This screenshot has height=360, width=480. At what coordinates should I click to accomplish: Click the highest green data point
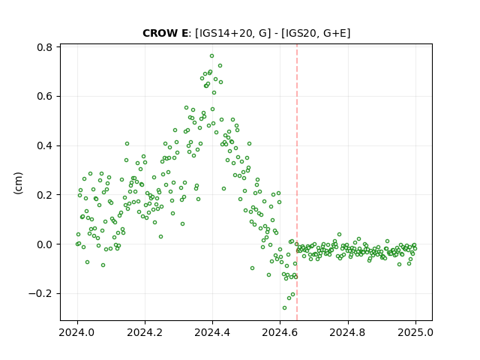tap(211, 56)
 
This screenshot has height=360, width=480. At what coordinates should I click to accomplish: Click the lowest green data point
tap(285, 308)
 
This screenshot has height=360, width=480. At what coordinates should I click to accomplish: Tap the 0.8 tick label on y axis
tap(44, 47)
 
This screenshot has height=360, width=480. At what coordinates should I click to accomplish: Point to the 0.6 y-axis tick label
tap(44, 97)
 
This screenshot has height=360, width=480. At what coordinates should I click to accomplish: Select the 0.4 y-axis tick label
tap(44, 145)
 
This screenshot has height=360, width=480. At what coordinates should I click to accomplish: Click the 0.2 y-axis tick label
tap(44, 195)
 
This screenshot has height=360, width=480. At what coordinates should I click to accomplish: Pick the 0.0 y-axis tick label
tap(44, 244)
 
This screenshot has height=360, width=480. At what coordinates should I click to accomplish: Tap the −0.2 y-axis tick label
tap(40, 294)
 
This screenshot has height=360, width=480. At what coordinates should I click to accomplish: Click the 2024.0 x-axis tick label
tap(76, 332)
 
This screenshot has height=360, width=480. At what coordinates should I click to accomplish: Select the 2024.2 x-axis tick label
tap(145, 332)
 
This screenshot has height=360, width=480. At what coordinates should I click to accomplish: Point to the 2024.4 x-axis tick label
tap(212, 332)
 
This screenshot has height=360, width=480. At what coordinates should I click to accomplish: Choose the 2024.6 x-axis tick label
tap(280, 332)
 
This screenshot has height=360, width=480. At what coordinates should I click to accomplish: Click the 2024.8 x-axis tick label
tap(347, 332)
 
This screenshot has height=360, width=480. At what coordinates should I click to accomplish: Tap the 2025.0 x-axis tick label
tap(415, 332)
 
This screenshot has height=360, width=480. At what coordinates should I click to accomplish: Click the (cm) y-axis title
tap(19, 183)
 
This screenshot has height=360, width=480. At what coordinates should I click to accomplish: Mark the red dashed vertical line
tap(297, 182)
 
